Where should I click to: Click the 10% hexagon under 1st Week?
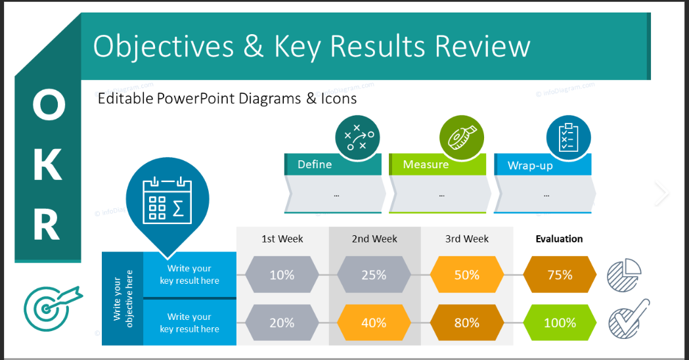pyautogui.click(x=282, y=275)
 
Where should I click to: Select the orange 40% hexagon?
pyautogui.click(x=374, y=323)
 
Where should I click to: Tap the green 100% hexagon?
pyautogui.click(x=560, y=323)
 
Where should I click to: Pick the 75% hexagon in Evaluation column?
pyautogui.click(x=560, y=275)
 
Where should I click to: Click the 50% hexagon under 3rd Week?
pyautogui.click(x=466, y=275)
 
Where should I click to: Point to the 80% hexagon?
pyautogui.click(x=466, y=323)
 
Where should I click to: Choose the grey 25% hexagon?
pyautogui.click(x=374, y=275)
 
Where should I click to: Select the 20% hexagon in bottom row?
pyautogui.click(x=282, y=323)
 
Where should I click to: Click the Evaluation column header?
pyautogui.click(x=559, y=239)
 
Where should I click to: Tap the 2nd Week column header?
pyautogui.click(x=374, y=239)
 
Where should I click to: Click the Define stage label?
pyautogui.click(x=315, y=165)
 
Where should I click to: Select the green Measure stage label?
pyautogui.click(x=426, y=165)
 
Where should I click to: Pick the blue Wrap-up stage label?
pyautogui.click(x=530, y=166)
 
